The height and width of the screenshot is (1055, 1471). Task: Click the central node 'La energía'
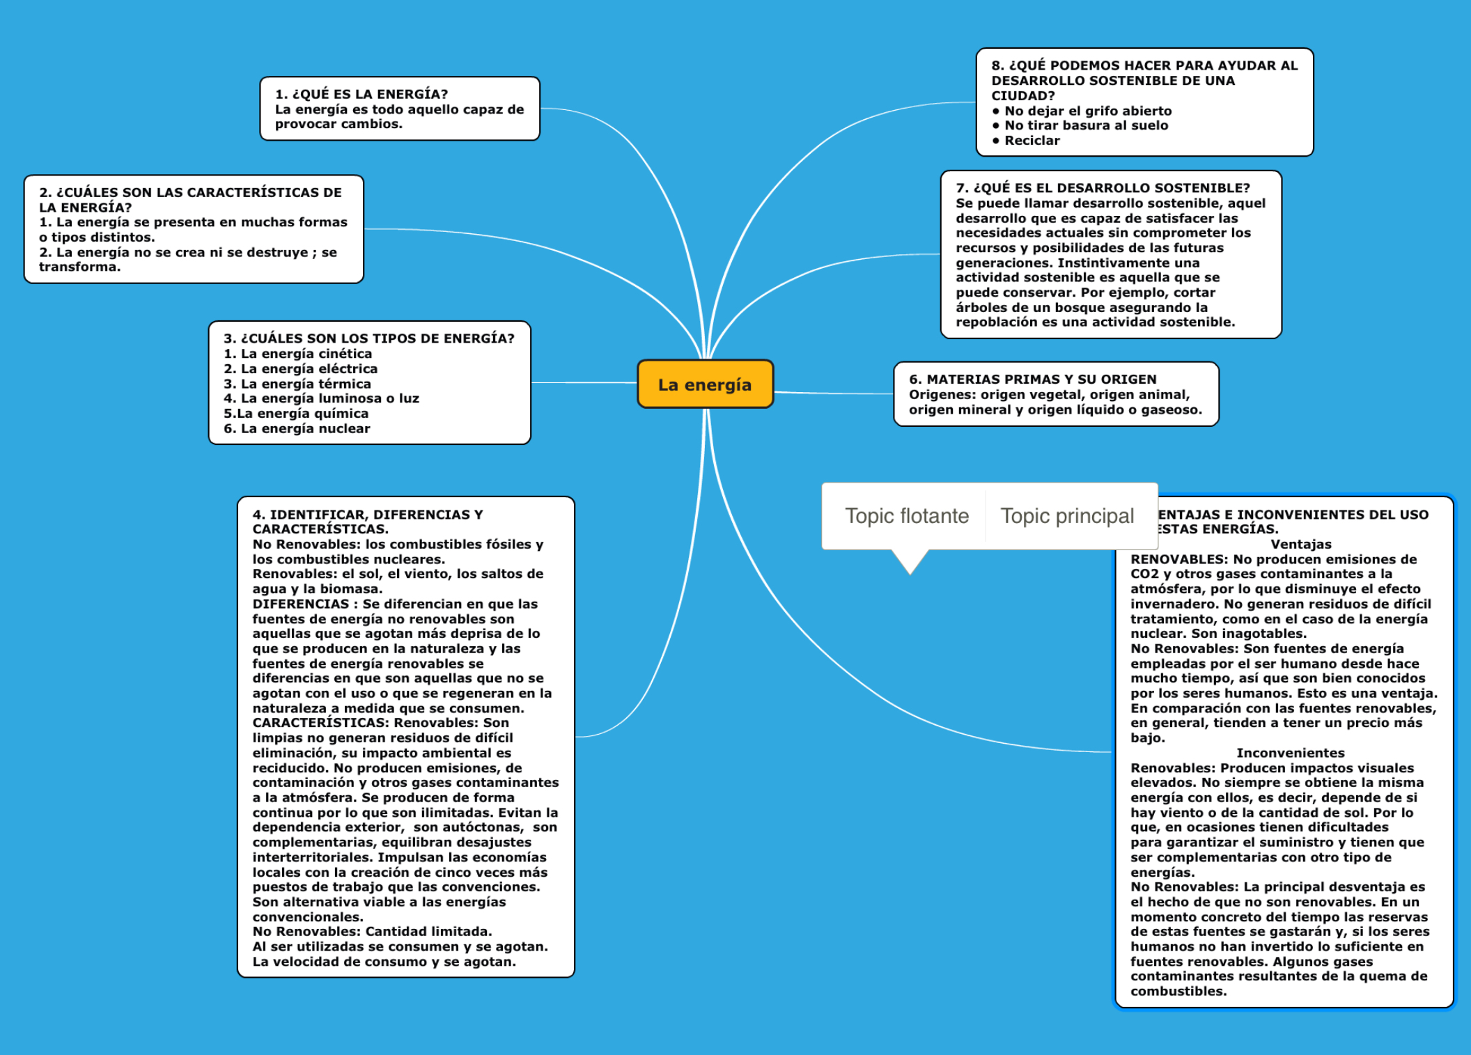(705, 384)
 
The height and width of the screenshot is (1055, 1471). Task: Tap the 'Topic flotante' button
(906, 516)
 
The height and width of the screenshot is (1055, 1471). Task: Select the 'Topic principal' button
(1067, 516)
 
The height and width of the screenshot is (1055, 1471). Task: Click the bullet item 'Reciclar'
(1032, 141)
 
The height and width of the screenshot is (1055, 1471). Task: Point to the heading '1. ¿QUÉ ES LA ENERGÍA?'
(361, 94)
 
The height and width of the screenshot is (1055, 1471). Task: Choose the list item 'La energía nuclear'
(304, 429)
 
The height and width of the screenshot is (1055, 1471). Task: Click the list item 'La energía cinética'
(306, 354)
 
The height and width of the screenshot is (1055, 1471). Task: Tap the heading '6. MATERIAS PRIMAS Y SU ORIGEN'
(1032, 380)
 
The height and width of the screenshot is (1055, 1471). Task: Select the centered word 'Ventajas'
(1300, 545)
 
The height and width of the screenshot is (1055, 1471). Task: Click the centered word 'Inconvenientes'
(1290, 753)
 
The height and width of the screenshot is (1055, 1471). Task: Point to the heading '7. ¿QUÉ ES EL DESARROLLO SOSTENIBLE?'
(1103, 188)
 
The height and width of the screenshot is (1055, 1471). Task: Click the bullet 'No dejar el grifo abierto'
(1087, 111)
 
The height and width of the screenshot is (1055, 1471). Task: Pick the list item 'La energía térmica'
(305, 384)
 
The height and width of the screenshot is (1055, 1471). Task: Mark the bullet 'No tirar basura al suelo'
(1086, 126)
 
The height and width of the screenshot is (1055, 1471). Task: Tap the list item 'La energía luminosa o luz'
(329, 398)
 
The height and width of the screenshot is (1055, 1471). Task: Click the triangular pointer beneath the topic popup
(910, 561)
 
